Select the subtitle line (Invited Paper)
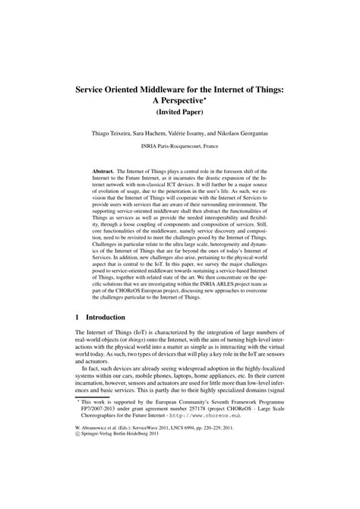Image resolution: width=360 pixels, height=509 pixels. pyautogui.click(x=180, y=113)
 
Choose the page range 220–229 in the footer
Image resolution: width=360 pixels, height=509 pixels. pyautogui.click(x=248, y=480)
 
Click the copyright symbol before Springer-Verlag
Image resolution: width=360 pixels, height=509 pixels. pyautogui.click(x=78, y=488)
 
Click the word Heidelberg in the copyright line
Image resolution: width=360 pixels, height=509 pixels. pyautogui.click(x=154, y=488)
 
